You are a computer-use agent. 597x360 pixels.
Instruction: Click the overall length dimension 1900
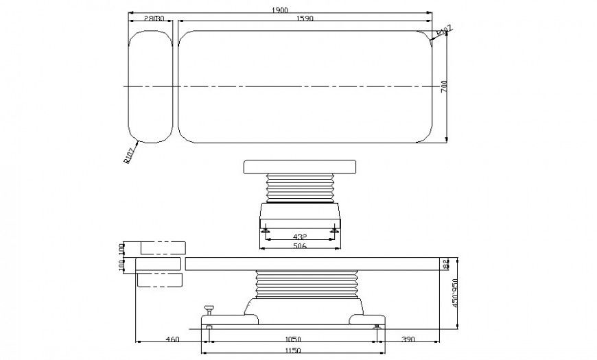[279, 9]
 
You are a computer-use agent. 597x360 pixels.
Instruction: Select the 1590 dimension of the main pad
[305, 19]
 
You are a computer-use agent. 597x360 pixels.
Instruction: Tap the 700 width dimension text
[444, 87]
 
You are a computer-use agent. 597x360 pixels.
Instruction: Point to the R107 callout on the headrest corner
[129, 156]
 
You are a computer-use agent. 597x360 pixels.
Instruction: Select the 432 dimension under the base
[299, 237]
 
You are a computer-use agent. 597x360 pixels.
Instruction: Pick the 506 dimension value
[299, 247]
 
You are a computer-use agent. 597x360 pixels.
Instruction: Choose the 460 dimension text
[172, 339]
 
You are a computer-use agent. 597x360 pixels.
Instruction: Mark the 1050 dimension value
[292, 339]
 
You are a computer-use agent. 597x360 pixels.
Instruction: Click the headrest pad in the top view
[151, 87]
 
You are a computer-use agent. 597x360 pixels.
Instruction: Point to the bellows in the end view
[299, 187]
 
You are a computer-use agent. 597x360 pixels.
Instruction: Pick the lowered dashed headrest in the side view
[160, 280]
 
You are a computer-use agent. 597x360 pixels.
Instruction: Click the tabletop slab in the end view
[300, 167]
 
